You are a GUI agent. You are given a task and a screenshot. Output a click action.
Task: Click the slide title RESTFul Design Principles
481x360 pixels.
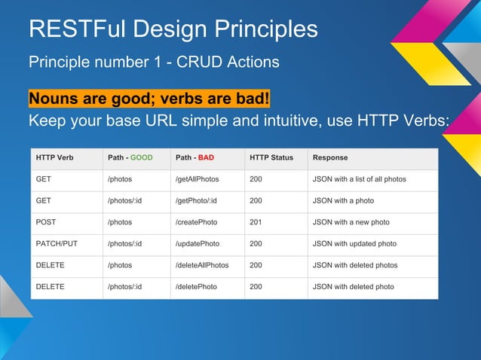173,29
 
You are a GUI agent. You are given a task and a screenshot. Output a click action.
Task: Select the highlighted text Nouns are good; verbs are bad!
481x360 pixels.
149,99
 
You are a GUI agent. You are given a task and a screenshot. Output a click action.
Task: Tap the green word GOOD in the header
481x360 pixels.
142,158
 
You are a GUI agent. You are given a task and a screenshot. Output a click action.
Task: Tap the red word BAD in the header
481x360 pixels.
206,158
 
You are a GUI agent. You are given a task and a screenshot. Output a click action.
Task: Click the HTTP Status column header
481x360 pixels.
271,158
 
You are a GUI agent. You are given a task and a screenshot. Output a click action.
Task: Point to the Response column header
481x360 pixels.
330,158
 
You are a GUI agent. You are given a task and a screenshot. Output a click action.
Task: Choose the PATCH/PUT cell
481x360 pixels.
57,244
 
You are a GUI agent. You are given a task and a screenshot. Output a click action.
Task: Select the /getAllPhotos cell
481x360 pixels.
198,179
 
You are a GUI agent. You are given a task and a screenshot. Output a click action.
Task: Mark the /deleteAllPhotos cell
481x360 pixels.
201,265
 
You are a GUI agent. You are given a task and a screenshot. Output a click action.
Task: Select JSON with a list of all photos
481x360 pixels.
359,179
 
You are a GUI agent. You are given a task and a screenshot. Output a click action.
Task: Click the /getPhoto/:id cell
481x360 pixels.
196,201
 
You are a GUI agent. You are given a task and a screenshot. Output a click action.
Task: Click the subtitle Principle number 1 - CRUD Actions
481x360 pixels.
154,61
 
